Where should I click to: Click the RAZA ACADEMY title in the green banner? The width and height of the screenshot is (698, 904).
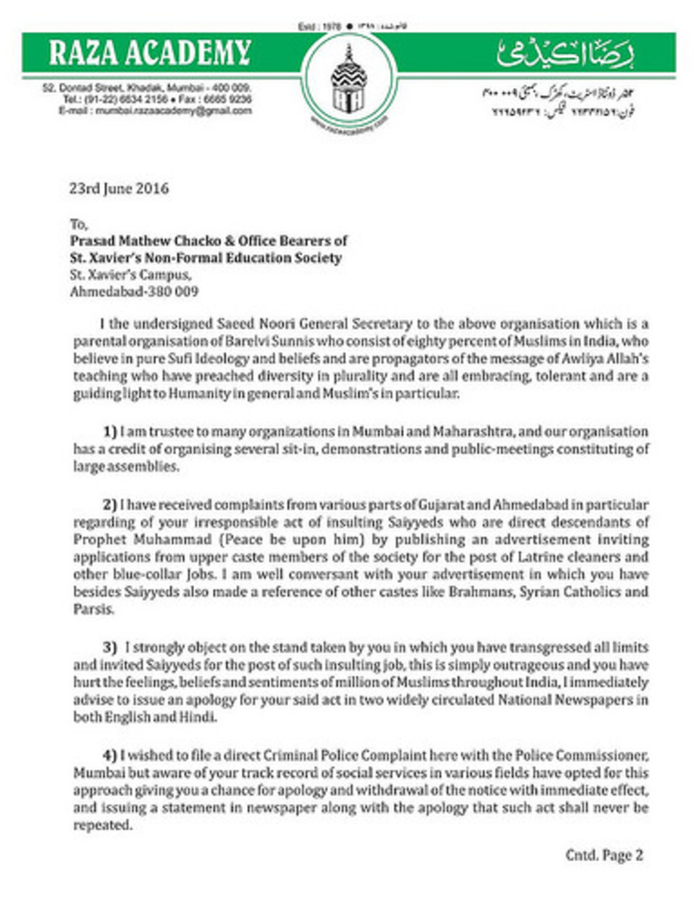(x=150, y=52)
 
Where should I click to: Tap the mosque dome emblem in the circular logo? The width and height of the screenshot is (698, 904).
(x=348, y=81)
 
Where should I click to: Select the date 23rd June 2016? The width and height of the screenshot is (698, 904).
(x=119, y=188)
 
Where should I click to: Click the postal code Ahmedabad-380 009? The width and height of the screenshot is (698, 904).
(x=134, y=292)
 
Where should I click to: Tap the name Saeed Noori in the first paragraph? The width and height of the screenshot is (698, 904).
(x=252, y=324)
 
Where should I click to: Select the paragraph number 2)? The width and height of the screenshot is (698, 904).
(x=110, y=504)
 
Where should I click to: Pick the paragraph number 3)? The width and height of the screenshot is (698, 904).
(x=110, y=647)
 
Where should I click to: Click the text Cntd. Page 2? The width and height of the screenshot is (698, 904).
(x=604, y=855)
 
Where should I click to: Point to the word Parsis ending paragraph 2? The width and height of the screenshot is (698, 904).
(x=94, y=610)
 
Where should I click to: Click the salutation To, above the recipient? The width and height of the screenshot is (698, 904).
(x=79, y=224)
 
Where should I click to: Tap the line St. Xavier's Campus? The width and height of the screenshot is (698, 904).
(x=131, y=275)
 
